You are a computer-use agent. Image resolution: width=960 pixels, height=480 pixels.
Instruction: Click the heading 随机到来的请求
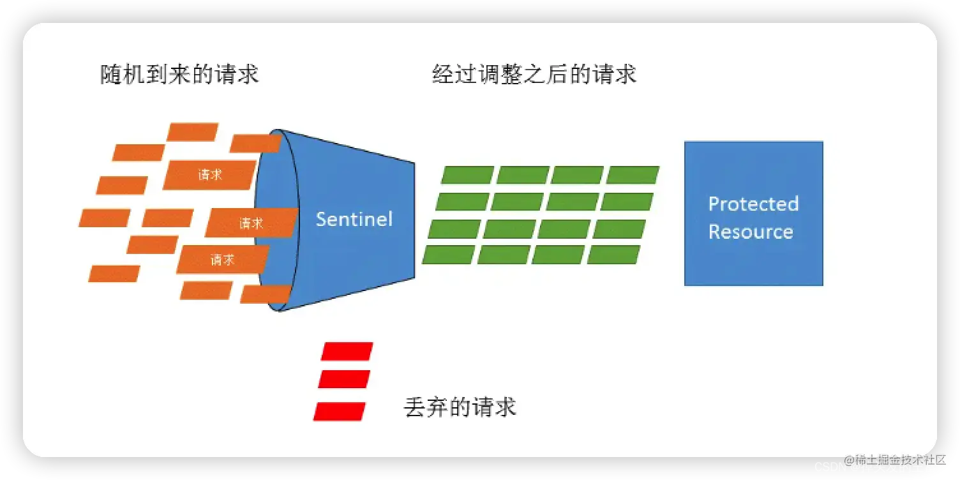(179, 75)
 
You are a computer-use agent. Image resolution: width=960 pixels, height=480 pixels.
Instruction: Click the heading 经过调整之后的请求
(534, 75)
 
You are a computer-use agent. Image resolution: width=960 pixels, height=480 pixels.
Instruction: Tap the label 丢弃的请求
(460, 407)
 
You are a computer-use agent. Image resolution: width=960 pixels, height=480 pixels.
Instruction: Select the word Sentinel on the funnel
(354, 220)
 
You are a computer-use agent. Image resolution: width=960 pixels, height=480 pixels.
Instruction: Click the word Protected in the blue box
(753, 204)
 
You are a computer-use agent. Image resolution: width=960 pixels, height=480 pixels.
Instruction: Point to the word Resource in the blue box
(751, 232)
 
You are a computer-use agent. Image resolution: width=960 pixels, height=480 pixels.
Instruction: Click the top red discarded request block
(347, 351)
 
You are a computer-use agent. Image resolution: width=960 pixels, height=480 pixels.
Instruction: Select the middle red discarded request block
(344, 379)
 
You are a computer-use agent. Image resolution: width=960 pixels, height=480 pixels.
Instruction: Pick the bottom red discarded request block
(340, 411)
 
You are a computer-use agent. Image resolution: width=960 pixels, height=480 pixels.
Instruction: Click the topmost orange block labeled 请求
(210, 175)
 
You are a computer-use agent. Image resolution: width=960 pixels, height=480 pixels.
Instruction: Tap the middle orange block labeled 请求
(251, 223)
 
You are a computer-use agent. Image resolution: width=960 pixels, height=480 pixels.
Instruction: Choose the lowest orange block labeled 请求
(223, 260)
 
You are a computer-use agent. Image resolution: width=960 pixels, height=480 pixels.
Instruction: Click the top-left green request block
(468, 175)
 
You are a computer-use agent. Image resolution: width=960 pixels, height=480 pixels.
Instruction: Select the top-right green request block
(633, 175)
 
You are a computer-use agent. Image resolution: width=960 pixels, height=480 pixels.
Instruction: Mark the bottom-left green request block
(449, 255)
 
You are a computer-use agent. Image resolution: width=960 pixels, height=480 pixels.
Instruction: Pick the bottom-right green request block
(613, 255)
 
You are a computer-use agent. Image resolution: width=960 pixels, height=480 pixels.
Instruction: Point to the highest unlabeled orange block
(192, 132)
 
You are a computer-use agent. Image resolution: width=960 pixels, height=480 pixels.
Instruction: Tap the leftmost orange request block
(105, 218)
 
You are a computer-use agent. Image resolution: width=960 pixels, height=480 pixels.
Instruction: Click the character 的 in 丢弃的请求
(460, 407)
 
